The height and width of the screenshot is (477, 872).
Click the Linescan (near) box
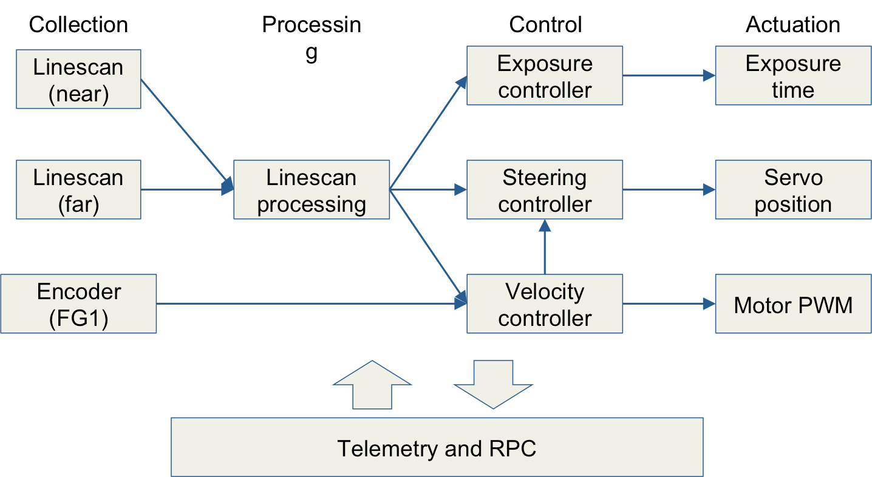pyautogui.click(x=78, y=79)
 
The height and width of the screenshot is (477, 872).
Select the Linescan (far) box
pyautogui.click(x=78, y=190)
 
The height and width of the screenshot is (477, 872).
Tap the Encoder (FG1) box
pyautogui.click(x=78, y=303)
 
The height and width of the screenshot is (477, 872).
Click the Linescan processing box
pyautogui.click(x=312, y=190)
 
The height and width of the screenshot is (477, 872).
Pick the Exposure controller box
pyautogui.click(x=545, y=76)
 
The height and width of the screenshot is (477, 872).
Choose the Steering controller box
pyautogui.click(x=545, y=190)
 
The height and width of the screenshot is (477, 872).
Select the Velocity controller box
pyautogui.click(x=545, y=303)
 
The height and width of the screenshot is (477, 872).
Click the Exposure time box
pyautogui.click(x=793, y=76)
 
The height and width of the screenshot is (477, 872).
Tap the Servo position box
pyautogui.click(x=793, y=190)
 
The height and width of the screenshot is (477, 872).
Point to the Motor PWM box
pyautogui.click(x=793, y=303)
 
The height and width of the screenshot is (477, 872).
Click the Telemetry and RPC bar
pyautogui.click(x=437, y=447)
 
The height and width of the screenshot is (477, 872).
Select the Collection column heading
pyautogui.click(x=78, y=25)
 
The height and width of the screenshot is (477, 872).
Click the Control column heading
pyautogui.click(x=545, y=25)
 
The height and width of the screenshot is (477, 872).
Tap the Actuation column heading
pyautogui.click(x=793, y=25)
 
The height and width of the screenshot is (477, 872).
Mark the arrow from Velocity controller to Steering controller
pyautogui.click(x=545, y=247)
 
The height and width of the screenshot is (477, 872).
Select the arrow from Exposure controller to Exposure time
pyautogui.click(x=669, y=76)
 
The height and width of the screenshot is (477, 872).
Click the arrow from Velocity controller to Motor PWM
pyautogui.click(x=669, y=303)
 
